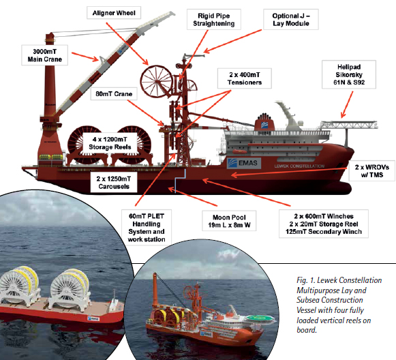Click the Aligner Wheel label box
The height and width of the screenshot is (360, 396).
[114, 13]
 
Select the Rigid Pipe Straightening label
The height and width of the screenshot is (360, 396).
[213, 20]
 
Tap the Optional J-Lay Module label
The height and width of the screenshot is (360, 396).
[290, 20]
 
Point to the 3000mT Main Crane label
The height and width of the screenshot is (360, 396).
[45, 55]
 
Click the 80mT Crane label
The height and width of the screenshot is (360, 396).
[114, 94]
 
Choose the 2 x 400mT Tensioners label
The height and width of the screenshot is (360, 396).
[245, 78]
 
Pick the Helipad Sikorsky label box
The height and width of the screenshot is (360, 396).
[349, 74]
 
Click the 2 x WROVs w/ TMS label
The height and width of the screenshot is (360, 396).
[371, 170]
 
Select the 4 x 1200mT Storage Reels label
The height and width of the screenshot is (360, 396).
[110, 143]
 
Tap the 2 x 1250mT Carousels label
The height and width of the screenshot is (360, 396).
[114, 183]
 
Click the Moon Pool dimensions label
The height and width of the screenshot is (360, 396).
[229, 221]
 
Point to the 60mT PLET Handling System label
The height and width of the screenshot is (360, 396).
[147, 227]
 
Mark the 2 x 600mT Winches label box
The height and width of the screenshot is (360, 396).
[324, 224]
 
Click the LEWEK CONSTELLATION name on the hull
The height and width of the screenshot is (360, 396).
[299, 166]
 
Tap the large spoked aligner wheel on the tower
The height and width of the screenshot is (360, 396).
[157, 81]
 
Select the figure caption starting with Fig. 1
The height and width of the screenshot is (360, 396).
[339, 305]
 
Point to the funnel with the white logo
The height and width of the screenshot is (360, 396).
[264, 122]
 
